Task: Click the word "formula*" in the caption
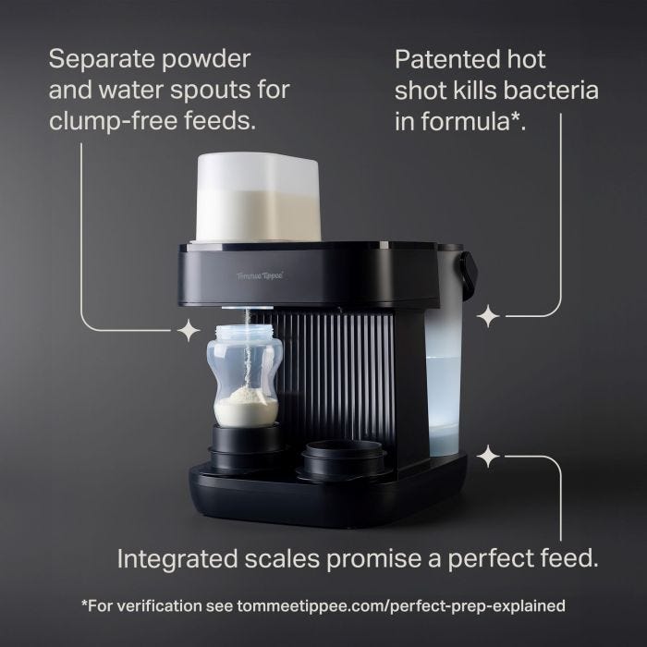tap(473, 121)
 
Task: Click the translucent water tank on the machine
tap(446, 379)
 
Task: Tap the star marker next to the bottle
tap(189, 329)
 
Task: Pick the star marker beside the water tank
tap(487, 316)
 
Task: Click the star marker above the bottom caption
tap(488, 456)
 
